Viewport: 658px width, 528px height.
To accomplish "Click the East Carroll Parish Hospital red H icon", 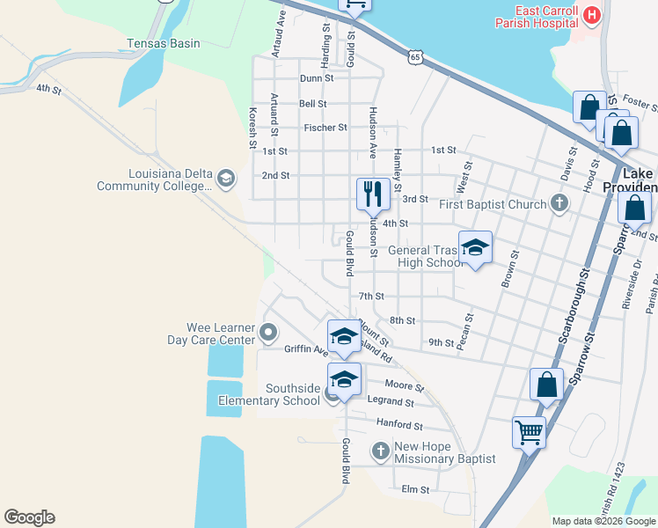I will pyautogui.click(x=592, y=15).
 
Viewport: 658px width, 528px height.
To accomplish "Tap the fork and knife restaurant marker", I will pyautogui.click(x=373, y=194).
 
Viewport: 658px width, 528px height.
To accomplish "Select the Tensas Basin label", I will pyautogui.click(x=164, y=43).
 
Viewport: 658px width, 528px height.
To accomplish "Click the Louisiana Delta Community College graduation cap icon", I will pyautogui.click(x=226, y=180).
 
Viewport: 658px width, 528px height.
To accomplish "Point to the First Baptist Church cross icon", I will pyautogui.click(x=558, y=204).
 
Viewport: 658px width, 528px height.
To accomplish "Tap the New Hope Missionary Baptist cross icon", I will pyautogui.click(x=380, y=452).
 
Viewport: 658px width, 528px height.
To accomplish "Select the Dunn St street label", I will pyautogui.click(x=317, y=78).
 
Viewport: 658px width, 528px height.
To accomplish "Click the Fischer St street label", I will pyautogui.click(x=325, y=128).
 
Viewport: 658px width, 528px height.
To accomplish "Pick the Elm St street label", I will pyautogui.click(x=414, y=489).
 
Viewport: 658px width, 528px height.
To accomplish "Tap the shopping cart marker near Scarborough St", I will pyautogui.click(x=529, y=431).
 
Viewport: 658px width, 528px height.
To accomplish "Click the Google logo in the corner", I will pyautogui.click(x=29, y=517).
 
